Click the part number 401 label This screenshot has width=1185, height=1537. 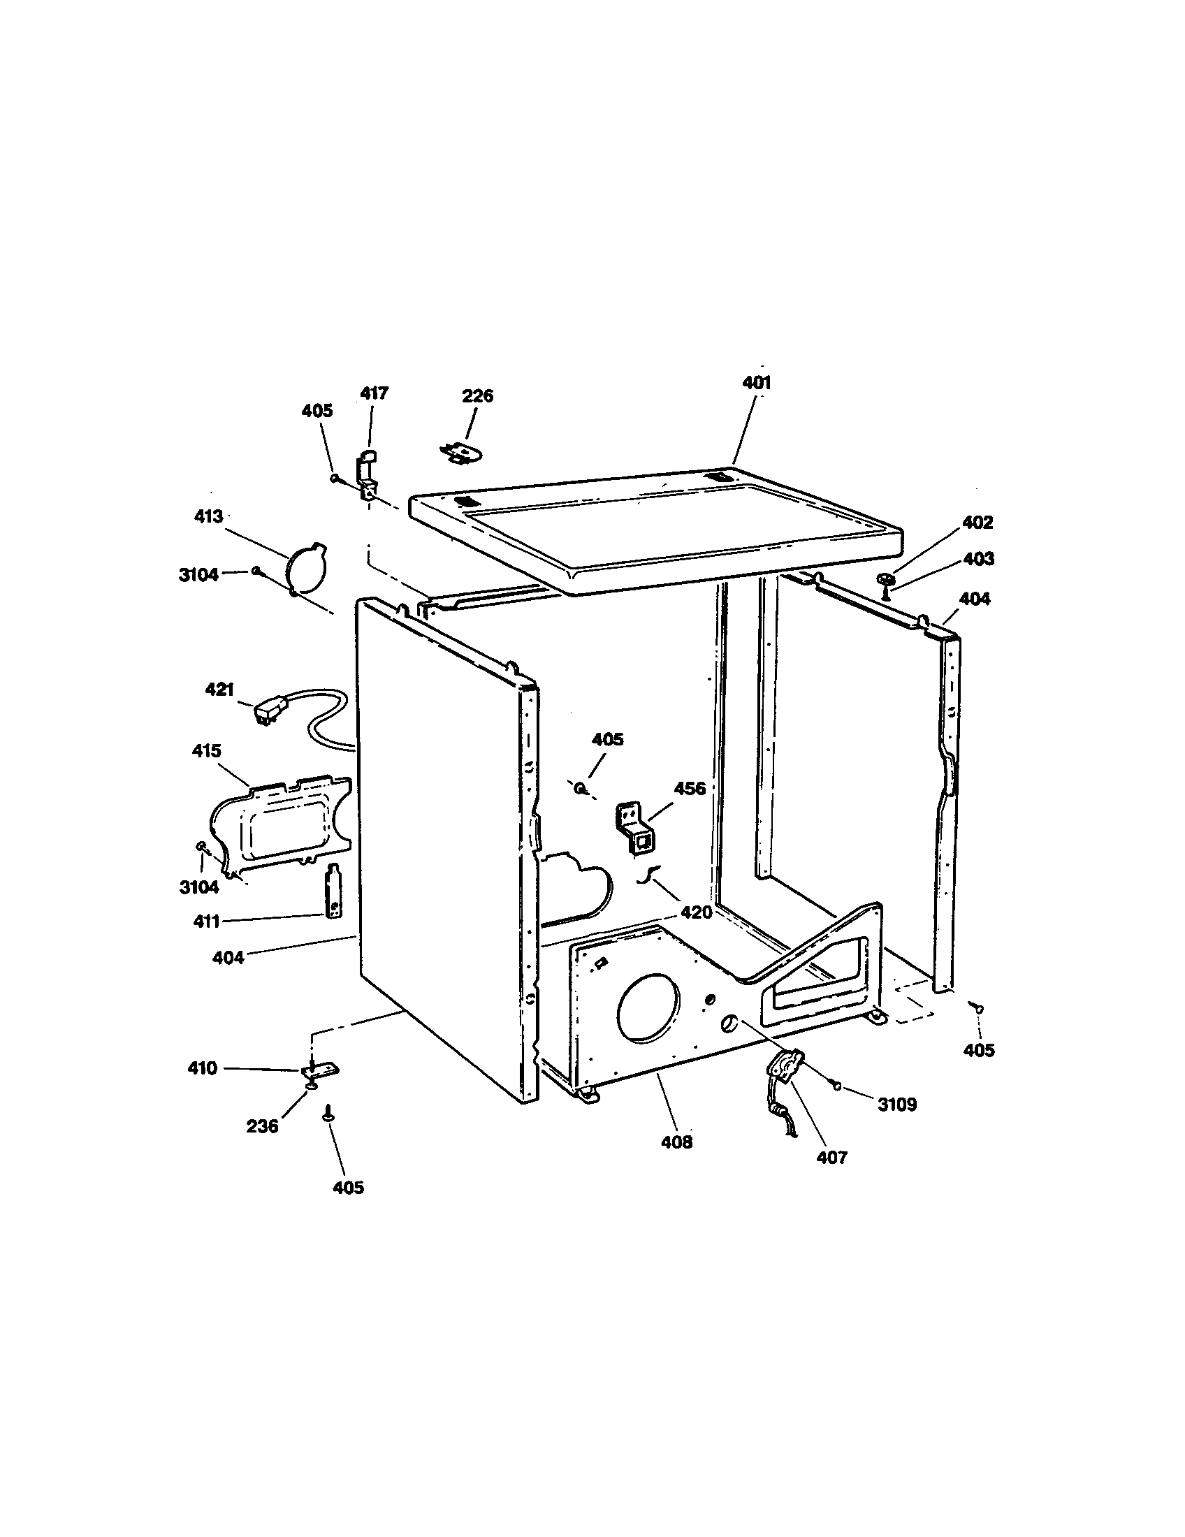[x=757, y=383]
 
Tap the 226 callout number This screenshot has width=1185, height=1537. [x=477, y=396]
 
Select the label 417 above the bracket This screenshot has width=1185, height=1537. [x=375, y=393]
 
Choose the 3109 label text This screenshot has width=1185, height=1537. [x=896, y=1105]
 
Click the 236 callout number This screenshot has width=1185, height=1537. [x=262, y=1127]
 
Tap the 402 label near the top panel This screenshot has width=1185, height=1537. [x=977, y=522]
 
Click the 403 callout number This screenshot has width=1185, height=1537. [x=978, y=559]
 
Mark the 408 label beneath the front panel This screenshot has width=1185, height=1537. [x=676, y=1142]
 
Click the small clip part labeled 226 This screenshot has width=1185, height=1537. [x=460, y=453]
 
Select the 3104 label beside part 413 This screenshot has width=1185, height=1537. [x=198, y=575]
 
